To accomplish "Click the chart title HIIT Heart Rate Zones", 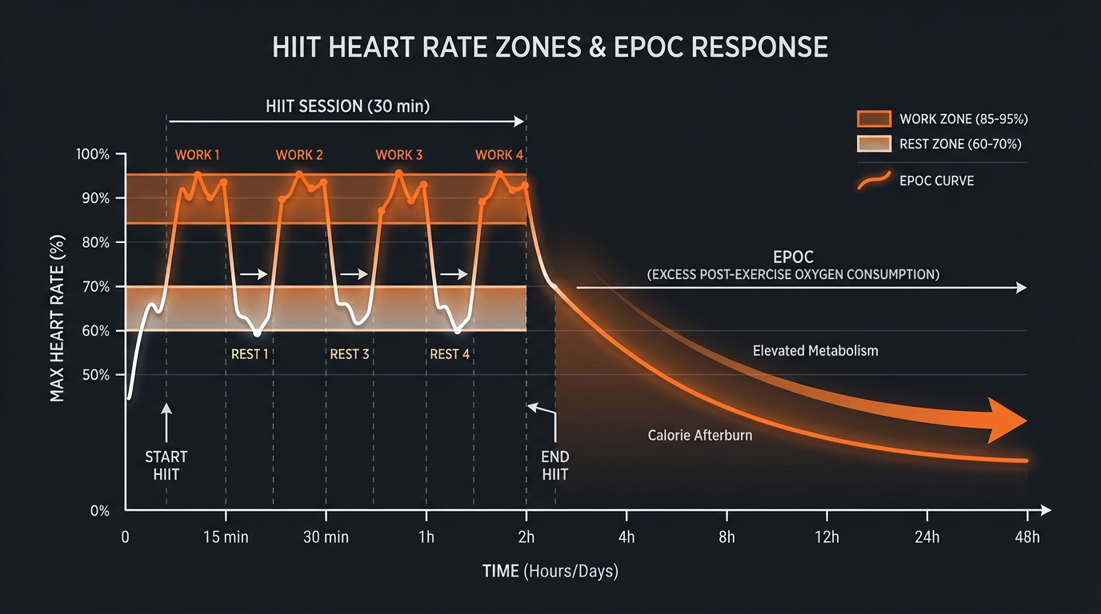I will coord(550,47).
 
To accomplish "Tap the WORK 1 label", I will coord(197,155).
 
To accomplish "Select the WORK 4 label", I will coord(499,155).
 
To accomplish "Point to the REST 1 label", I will coord(250,354).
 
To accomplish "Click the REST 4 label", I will coord(450,354).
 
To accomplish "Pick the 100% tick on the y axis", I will coord(93,154).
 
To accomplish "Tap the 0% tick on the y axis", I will coord(99,511).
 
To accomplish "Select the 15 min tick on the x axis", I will coord(226,537).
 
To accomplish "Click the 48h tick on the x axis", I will coord(1026,537).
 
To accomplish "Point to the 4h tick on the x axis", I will coord(626,537).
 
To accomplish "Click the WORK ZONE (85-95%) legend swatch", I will coord(873,119).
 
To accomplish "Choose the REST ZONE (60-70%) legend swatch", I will coord(873,144).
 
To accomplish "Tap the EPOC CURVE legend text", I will coord(936,181).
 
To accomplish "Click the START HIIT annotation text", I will coord(166,465).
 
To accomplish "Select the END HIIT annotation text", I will coord(555,465).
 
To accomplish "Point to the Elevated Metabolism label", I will coord(815,350).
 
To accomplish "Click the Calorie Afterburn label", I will coord(699,436).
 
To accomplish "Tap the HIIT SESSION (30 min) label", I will coord(347,106).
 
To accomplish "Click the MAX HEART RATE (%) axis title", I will coord(58,318).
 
